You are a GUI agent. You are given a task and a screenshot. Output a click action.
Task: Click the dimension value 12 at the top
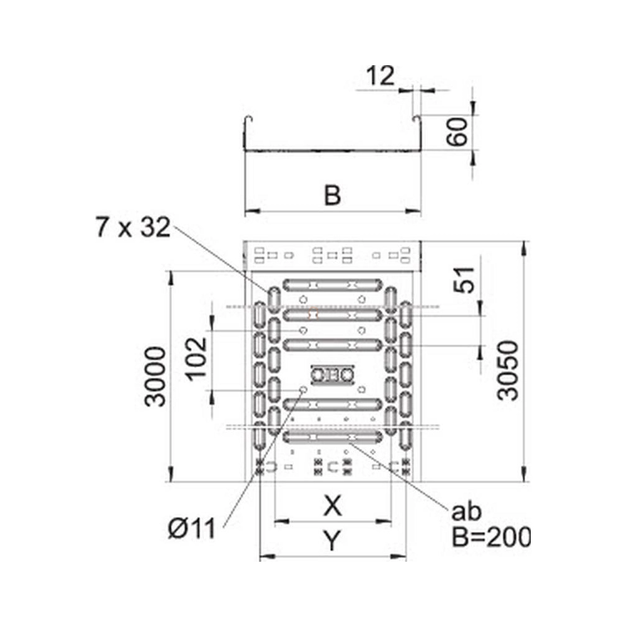[x=381, y=76]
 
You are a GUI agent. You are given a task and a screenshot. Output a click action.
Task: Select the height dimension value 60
[x=458, y=132]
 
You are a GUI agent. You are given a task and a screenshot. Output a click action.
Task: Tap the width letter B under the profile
[x=332, y=195]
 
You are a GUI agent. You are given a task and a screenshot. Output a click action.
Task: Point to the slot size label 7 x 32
[x=133, y=227]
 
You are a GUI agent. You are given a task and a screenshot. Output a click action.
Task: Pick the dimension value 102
[x=197, y=359]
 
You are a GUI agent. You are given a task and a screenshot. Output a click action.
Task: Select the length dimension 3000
[x=155, y=377]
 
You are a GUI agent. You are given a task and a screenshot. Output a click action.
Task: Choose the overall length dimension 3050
[x=508, y=371]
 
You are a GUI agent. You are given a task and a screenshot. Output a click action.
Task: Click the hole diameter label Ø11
[x=192, y=529]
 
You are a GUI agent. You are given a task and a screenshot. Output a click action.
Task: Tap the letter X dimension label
[x=333, y=506]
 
